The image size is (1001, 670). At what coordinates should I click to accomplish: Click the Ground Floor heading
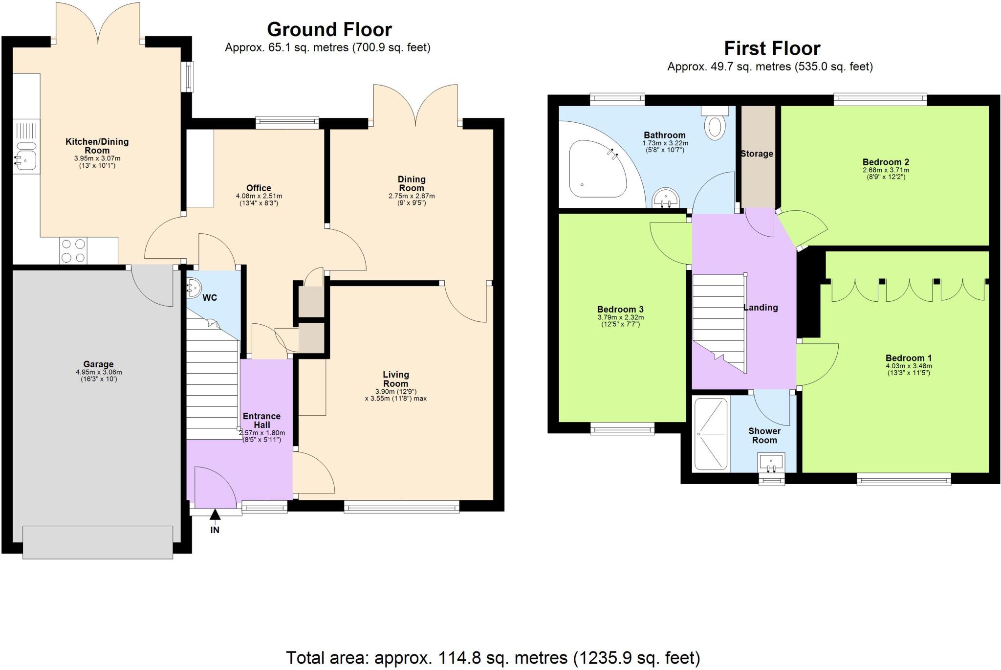[x=329, y=30]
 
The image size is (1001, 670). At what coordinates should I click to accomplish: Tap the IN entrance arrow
[x=215, y=515]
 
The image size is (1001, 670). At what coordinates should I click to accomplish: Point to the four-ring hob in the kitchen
[x=73, y=250]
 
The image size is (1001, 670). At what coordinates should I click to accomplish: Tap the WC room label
[x=210, y=297]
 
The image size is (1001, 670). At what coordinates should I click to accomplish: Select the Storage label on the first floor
[x=757, y=154]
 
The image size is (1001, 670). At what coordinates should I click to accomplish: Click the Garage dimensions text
[x=98, y=375]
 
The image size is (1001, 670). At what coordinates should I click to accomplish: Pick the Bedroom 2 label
[x=886, y=162]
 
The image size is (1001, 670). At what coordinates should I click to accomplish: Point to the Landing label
[x=760, y=307]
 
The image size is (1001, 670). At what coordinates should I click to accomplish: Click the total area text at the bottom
[x=493, y=658]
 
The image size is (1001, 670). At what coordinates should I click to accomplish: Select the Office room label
[x=259, y=188]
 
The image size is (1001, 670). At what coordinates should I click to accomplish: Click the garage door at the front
[x=98, y=542]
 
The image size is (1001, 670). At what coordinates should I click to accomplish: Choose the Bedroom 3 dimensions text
[x=620, y=320]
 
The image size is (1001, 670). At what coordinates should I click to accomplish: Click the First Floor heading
[x=772, y=48]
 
